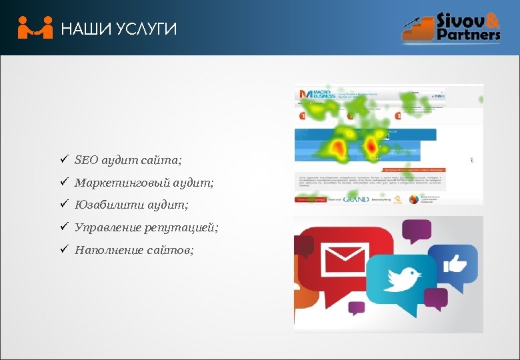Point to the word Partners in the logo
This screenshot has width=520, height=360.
468,34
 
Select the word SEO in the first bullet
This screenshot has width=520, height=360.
86,160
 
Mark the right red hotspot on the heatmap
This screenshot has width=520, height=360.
371,147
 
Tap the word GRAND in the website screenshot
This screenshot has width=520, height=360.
357,199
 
